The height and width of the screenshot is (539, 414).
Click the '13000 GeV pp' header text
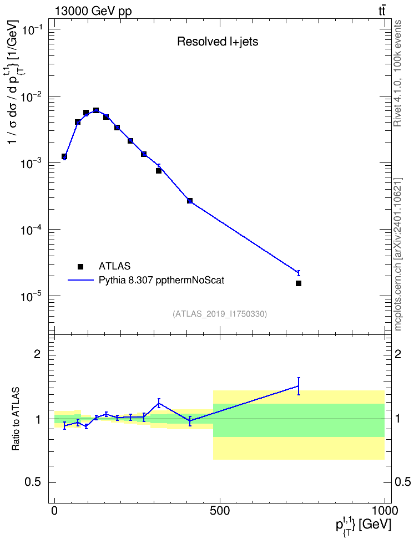93,11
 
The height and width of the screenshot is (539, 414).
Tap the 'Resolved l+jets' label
218,42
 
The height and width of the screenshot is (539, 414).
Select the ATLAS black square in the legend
80,266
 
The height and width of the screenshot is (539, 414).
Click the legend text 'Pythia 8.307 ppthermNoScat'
161,280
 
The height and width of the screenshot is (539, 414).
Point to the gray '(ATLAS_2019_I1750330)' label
220,313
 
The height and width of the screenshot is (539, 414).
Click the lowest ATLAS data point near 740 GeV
299,283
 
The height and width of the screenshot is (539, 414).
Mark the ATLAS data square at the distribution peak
96,110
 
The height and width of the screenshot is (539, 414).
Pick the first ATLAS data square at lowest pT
64,156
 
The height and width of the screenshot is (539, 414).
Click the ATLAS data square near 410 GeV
190,200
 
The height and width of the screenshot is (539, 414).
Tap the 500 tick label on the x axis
220,510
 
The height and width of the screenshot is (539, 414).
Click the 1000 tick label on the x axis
384,510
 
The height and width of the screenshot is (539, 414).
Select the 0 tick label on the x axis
55,510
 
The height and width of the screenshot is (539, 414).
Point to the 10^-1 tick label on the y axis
32,30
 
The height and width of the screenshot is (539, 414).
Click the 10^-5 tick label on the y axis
32,297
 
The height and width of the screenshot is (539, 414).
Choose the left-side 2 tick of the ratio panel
37,354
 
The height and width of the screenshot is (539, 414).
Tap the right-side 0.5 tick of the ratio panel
402,482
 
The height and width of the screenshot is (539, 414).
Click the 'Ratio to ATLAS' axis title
16,419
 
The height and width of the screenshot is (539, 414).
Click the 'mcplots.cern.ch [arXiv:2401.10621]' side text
398,254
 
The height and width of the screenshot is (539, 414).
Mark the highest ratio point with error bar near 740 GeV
299,386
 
